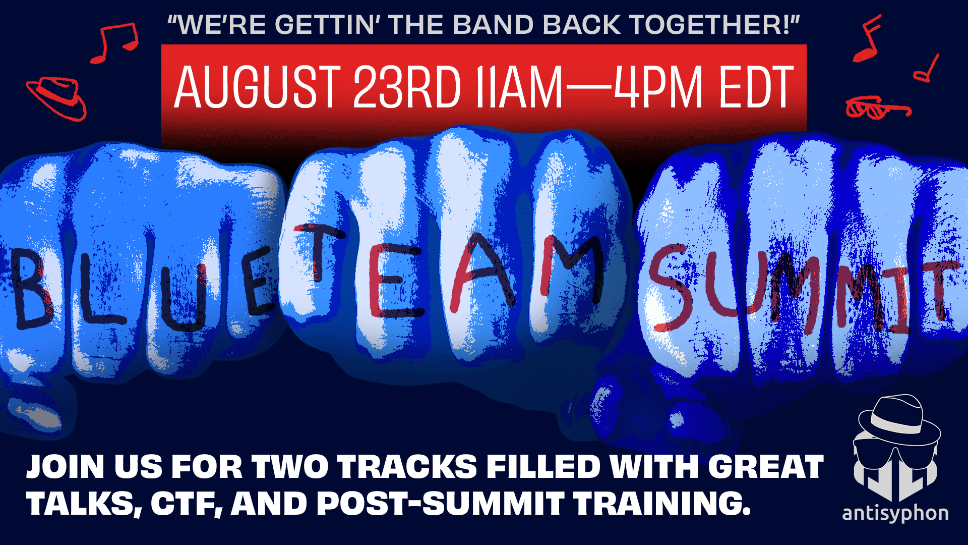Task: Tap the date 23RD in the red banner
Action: pos(407,87)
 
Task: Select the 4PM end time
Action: pos(658,87)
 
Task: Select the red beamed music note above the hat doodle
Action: pos(114,43)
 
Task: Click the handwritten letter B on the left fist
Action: pos(31,288)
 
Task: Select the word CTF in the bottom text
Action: pos(187,504)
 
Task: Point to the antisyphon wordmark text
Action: pos(895,514)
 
